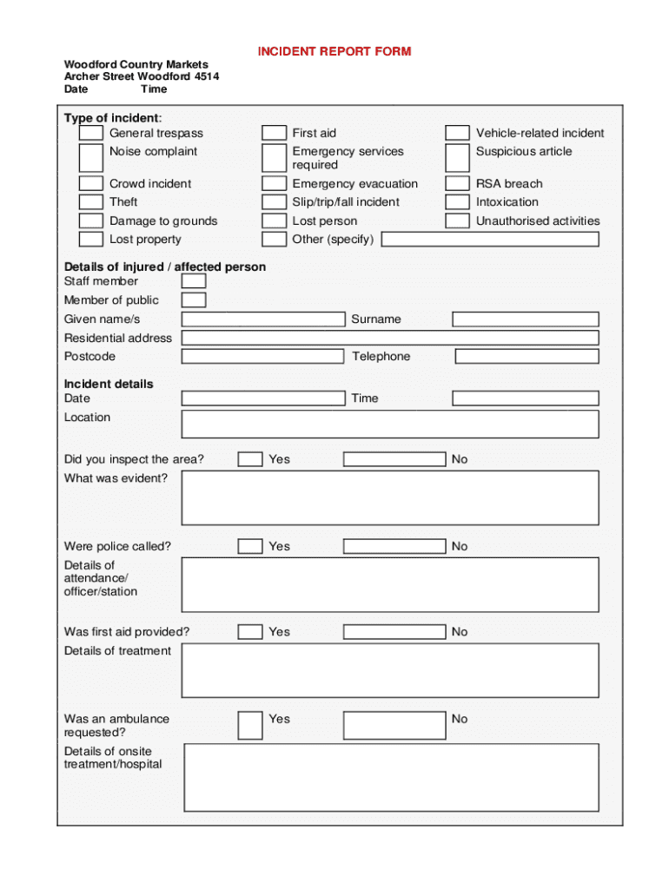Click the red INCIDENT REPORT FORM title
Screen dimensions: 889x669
[334, 51]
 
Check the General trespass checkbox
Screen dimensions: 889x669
[91, 133]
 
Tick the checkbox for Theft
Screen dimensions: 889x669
[91, 202]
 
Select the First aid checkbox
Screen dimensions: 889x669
[275, 133]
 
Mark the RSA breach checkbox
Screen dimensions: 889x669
[457, 183]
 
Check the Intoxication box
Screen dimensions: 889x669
[457, 202]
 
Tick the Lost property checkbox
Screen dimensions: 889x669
[91, 240]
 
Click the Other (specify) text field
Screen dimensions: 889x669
[490, 240]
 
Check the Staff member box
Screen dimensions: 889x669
[194, 281]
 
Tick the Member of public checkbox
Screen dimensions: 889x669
[194, 300]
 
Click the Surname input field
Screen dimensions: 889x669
[526, 319]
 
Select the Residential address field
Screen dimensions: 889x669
[390, 338]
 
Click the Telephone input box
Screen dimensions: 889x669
[527, 357]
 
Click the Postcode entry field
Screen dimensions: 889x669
[262, 357]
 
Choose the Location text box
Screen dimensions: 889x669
[390, 425]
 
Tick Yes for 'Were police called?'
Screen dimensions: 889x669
[250, 546]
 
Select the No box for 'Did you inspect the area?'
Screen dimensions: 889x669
[394, 459]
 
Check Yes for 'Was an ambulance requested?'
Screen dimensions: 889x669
[250, 725]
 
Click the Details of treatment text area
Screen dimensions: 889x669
[390, 670]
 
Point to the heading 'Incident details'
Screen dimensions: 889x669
[109, 384]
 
